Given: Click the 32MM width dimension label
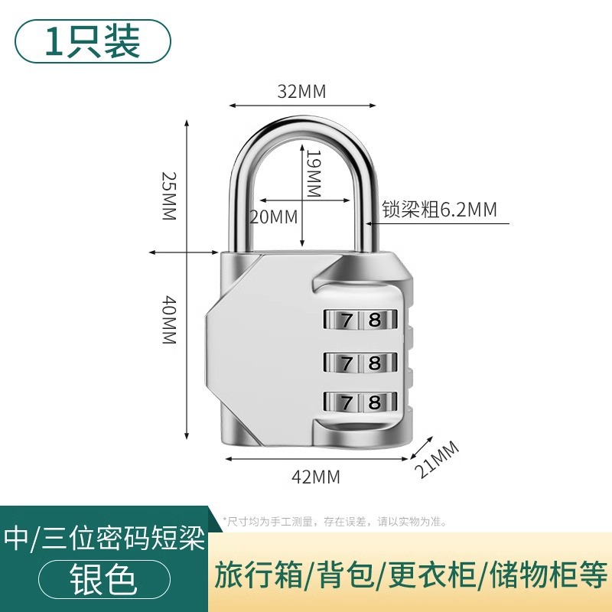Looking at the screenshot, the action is point(301,92).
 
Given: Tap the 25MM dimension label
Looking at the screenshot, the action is point(168,196).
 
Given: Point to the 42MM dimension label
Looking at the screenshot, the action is point(316,477).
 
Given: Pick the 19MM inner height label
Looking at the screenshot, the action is point(312,174).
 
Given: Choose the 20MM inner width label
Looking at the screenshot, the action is point(273,217).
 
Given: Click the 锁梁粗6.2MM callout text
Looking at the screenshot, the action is point(439,210).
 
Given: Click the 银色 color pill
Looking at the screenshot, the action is point(103,579).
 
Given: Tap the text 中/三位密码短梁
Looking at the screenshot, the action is point(105,539).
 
